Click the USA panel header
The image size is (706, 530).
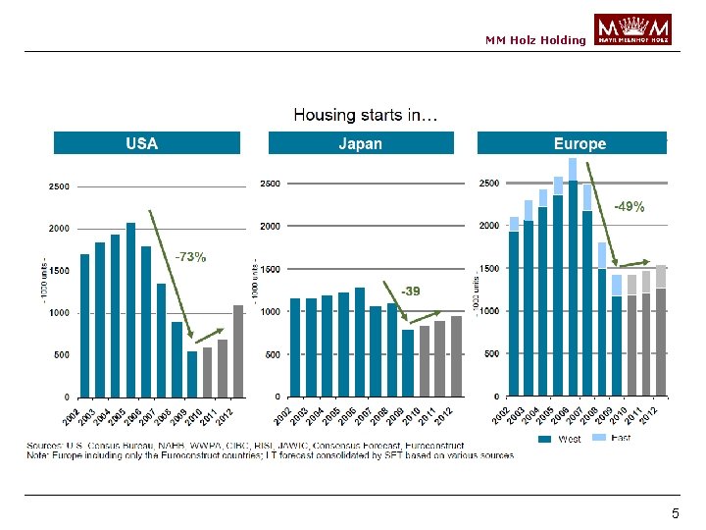coord(146,143)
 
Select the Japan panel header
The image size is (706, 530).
coord(361,143)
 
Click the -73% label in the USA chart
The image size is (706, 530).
coord(190,257)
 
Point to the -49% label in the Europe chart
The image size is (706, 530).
coord(629,207)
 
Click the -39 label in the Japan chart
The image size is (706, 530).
coord(410,291)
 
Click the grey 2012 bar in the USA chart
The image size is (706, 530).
coord(237,350)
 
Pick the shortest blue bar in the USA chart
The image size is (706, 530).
coord(192,373)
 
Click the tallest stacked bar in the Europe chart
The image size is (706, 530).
coord(573,285)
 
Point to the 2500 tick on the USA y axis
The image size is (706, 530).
coord(59,185)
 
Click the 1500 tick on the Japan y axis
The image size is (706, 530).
coord(269,269)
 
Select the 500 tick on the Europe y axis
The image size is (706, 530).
coord(488,353)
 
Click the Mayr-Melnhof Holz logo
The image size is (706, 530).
coord(632,29)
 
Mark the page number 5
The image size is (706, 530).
coord(675,514)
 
